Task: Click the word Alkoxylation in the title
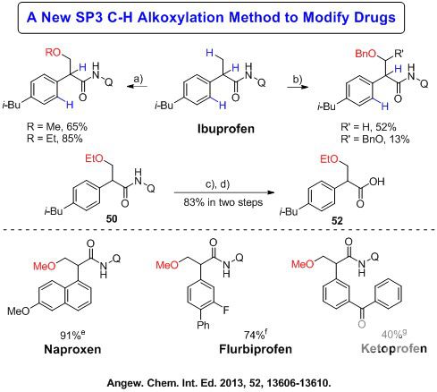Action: pos(181,18)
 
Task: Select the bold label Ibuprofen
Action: pos(226,129)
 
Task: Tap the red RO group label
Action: pos(53,52)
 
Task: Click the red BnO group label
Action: pos(366,54)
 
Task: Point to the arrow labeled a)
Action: pos(138,87)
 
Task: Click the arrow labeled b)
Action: pos(298,87)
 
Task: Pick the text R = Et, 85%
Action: pos(55,139)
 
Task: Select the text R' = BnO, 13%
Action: pos(375,140)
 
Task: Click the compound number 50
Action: pos(112,219)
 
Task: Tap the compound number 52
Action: pos(337,221)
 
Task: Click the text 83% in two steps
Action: pos(223,202)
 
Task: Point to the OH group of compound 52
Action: pos(377,182)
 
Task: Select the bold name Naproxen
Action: pos(72,349)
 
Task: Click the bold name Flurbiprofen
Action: pos(256,349)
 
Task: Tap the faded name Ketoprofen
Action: pos(394,348)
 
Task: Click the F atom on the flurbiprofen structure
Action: pos(226,310)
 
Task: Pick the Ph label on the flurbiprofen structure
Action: pos(203,325)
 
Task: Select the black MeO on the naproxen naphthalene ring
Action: pos(19,311)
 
